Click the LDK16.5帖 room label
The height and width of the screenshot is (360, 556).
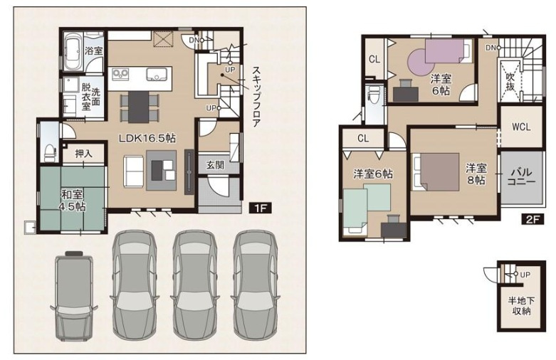click(x=147, y=139)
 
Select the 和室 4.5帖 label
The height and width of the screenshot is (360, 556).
click(x=72, y=200)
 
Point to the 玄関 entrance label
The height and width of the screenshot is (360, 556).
click(x=215, y=164)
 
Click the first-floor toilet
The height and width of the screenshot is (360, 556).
click(x=48, y=151)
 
